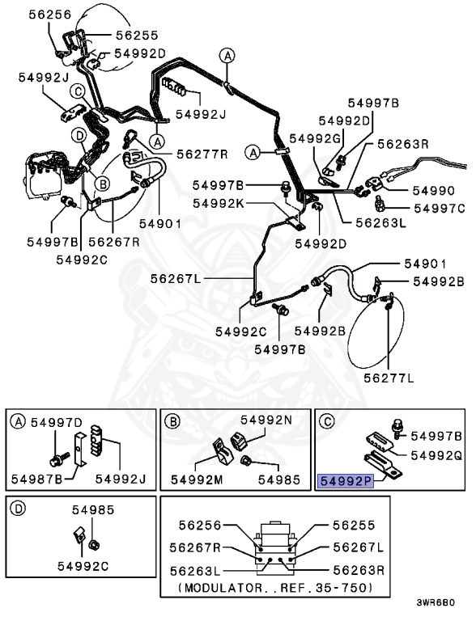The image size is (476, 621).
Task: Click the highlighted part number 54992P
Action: coord(346,481)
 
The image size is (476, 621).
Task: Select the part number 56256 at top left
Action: coord(50,15)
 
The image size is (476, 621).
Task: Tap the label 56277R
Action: coord(202,154)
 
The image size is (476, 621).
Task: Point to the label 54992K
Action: coord(219,204)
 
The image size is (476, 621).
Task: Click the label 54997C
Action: coord(440,209)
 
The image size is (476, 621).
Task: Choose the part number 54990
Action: coord(434,191)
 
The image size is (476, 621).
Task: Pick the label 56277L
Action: coord(389,378)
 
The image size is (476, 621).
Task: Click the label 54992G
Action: coord(315,138)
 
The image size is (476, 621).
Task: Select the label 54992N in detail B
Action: coord(266,420)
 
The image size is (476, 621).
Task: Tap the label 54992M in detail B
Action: coord(197,479)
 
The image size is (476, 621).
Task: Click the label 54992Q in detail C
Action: coord(436,455)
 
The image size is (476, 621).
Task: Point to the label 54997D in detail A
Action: coord(57,423)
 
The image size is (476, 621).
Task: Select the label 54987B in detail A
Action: coord(36,479)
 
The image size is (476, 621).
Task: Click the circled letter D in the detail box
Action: coord(18,509)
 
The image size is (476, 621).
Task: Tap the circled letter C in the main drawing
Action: coord(78,92)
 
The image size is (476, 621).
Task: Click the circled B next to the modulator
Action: coord(102,184)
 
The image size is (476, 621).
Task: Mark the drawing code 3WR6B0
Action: coord(436,602)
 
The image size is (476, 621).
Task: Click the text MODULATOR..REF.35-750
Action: coord(276,587)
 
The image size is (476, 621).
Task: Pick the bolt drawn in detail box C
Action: coord(397,429)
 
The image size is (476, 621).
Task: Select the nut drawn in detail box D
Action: coord(95,545)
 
